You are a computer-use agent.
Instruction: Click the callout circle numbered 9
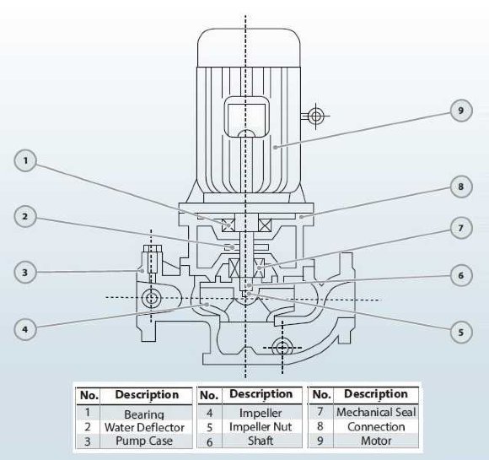(459, 111)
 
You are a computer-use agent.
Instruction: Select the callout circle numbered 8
(459, 187)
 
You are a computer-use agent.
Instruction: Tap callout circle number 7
(459, 229)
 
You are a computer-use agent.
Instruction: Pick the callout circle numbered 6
(459, 275)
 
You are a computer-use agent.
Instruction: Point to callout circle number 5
(459, 332)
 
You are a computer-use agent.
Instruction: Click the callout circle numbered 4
(27, 328)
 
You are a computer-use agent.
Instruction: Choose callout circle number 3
(27, 272)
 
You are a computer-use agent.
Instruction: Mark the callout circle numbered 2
(27, 217)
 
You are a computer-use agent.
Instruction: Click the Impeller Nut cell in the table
(261, 427)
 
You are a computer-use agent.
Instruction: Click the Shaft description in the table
(261, 440)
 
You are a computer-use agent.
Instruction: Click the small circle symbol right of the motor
(316, 116)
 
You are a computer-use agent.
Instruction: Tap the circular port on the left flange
(152, 298)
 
